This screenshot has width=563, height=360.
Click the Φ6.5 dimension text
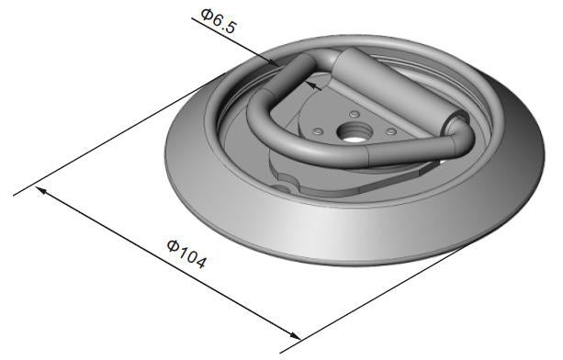pyautogui.click(x=218, y=21)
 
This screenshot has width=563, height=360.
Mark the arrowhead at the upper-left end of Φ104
pyautogui.click(x=41, y=190)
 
